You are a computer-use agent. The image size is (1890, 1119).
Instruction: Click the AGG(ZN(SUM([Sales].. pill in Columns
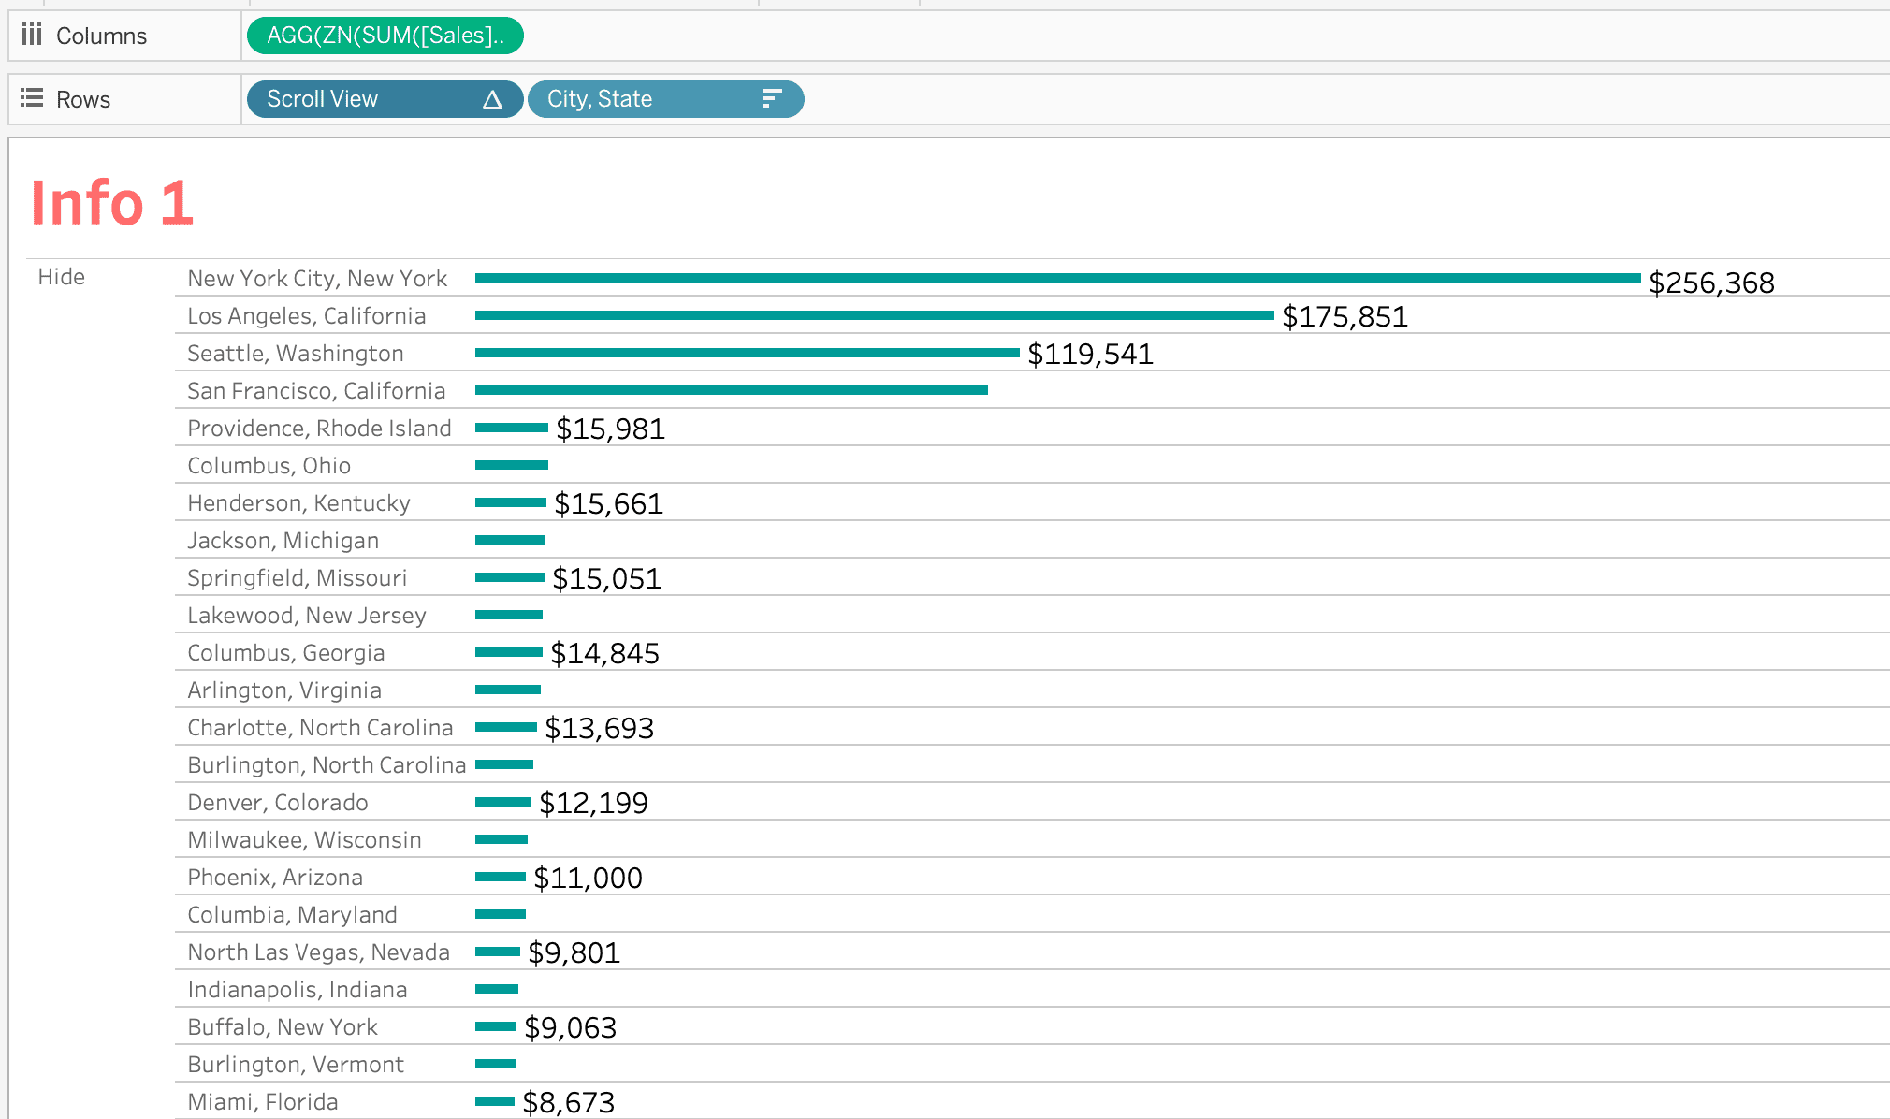[385, 36]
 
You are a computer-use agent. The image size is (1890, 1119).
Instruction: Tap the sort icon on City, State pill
[771, 99]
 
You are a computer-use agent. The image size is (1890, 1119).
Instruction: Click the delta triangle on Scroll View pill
[492, 100]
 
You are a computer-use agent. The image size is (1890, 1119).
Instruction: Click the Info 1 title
[112, 203]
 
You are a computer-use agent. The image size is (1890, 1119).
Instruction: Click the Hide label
[62, 277]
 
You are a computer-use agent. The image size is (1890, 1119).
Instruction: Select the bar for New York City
[1057, 278]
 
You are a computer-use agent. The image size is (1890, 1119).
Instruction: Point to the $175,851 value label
[1345, 317]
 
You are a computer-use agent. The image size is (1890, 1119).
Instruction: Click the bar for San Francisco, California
[731, 390]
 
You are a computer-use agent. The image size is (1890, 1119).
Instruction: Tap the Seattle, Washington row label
[296, 354]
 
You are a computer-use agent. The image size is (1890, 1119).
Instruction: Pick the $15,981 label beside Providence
[610, 429]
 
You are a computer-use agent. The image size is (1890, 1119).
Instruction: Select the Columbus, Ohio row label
[269, 466]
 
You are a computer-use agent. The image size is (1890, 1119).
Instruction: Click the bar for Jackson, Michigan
[510, 540]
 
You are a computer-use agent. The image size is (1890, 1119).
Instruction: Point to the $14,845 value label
[604, 654]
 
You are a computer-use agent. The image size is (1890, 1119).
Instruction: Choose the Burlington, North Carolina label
[327, 765]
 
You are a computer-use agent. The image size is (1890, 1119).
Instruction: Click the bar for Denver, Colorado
[503, 802]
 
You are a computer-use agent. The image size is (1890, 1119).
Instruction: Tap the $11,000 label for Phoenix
[588, 879]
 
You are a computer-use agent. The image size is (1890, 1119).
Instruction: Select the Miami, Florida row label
[263, 1102]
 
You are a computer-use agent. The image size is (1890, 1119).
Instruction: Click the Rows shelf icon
[32, 98]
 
